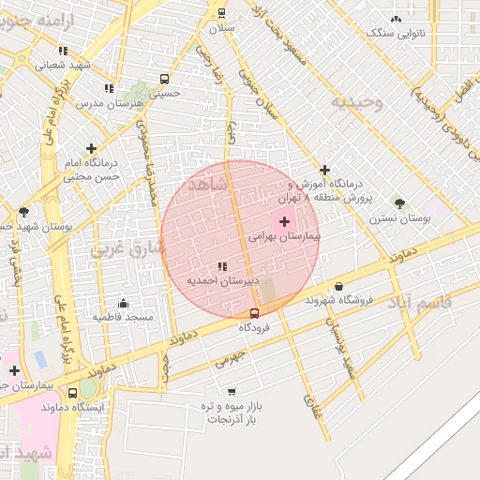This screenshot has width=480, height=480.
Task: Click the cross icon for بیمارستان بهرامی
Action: (285, 222)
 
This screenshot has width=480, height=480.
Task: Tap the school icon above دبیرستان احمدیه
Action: (222, 267)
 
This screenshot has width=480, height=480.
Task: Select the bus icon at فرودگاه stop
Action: (255, 313)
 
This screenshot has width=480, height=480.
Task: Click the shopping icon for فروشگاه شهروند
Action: (338, 287)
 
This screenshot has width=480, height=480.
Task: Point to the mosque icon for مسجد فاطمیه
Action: (123, 303)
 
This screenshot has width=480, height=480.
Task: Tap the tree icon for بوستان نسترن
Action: (399, 202)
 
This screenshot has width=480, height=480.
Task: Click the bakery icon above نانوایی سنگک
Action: (397, 18)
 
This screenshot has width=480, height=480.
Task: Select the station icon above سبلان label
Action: (222, 13)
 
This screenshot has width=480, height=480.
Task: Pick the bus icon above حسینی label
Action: (165, 79)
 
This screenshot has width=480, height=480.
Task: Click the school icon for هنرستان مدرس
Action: (109, 88)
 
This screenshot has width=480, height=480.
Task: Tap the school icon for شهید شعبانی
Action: (63, 51)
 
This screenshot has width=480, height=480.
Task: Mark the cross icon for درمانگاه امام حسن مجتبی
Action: (91, 148)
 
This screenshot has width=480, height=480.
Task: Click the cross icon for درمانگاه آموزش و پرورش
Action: (325, 170)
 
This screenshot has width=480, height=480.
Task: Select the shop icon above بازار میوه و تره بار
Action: (232, 392)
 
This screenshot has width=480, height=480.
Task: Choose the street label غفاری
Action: (310, 405)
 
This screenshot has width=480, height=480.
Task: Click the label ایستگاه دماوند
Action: (93, 409)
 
